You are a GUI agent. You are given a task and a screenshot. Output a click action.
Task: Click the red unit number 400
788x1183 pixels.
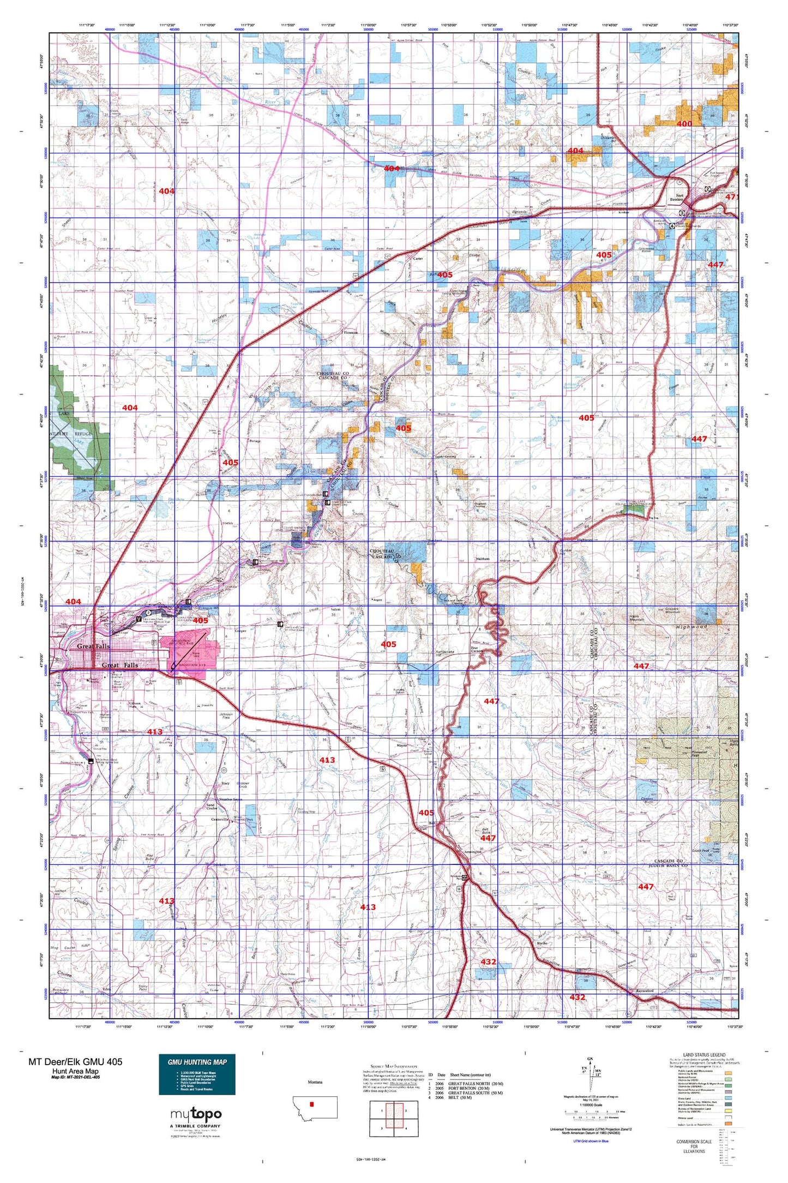point(684,124)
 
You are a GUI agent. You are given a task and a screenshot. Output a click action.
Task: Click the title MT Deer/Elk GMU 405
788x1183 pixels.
point(75,1061)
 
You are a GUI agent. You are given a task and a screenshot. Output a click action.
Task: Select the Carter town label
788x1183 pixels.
point(418,259)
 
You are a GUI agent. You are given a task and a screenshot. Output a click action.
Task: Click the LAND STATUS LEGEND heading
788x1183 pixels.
point(704,1055)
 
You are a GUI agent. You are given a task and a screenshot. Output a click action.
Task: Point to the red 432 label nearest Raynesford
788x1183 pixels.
point(577,997)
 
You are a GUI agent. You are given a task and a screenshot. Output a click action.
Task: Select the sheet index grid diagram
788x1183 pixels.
point(386,1118)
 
